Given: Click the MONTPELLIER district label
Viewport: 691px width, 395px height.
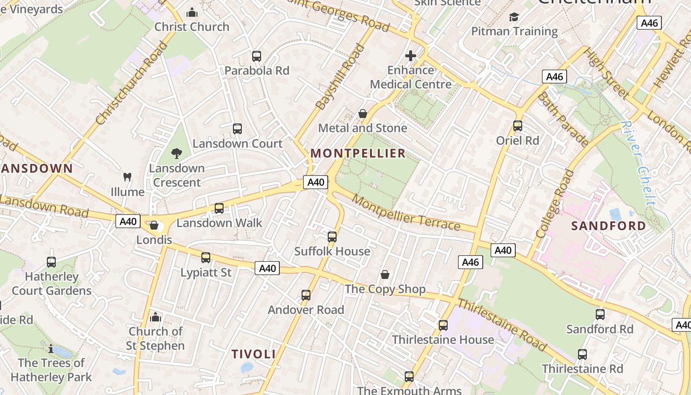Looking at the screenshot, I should (x=358, y=154).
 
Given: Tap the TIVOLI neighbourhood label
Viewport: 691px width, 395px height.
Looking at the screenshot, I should (x=254, y=354).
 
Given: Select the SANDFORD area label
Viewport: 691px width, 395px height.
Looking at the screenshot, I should (x=609, y=226).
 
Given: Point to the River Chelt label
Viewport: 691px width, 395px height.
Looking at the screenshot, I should (x=639, y=163).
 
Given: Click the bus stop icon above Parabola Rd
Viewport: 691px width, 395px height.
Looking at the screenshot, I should (x=256, y=56).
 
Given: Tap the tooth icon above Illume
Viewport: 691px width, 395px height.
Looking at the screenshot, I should (x=127, y=177).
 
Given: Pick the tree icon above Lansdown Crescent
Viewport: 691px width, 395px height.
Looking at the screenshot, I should (x=176, y=154).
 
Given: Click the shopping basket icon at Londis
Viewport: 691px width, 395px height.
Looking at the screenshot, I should (x=154, y=226).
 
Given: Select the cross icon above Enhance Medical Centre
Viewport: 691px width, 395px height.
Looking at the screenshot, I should (x=410, y=56).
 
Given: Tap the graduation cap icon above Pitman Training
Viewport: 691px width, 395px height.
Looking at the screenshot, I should (x=514, y=17).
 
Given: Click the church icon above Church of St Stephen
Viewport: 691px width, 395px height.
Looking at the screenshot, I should (x=155, y=316).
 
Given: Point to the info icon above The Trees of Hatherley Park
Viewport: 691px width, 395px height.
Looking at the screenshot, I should (x=51, y=349).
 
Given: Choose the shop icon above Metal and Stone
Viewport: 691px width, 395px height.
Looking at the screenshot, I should (x=363, y=114).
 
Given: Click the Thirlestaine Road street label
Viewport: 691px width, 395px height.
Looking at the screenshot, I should (x=502, y=324).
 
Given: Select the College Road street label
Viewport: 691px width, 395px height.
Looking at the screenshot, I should (x=555, y=203).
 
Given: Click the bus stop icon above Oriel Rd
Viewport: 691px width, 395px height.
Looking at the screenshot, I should (x=517, y=126).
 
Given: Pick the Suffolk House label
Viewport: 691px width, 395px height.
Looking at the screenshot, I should (x=332, y=251).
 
